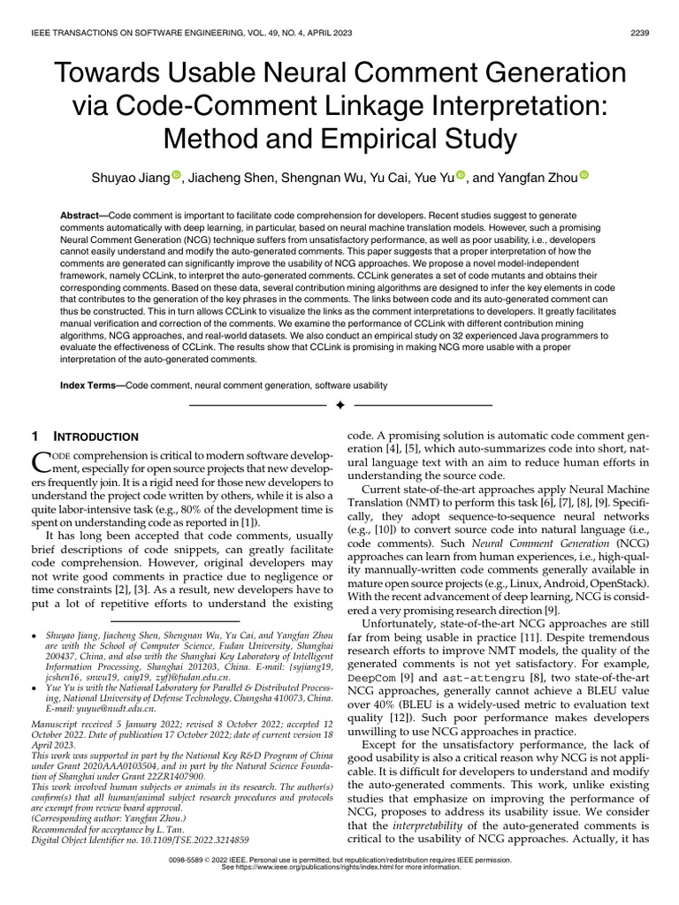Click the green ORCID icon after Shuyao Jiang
[176, 177]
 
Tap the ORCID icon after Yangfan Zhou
[583, 177]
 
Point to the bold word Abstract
[83, 217]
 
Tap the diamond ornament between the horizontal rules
[339, 405]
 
